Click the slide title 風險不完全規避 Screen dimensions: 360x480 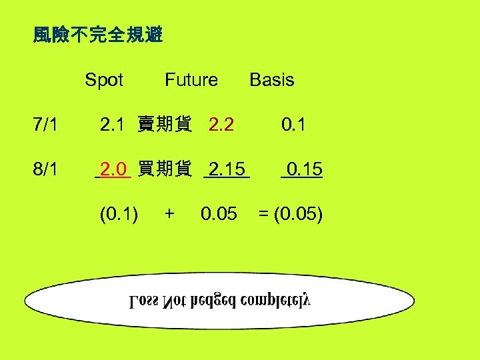click(x=98, y=35)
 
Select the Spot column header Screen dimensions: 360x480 click(x=104, y=81)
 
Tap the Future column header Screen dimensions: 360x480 click(x=191, y=81)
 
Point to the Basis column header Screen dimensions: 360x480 click(x=271, y=81)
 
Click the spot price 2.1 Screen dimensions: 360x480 click(x=112, y=125)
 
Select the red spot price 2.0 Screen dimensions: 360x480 click(x=113, y=169)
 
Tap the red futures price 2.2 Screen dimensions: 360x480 click(x=221, y=125)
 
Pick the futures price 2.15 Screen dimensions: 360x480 click(x=227, y=169)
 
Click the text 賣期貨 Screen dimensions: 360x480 click(x=165, y=125)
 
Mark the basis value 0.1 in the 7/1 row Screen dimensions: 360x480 click(x=293, y=125)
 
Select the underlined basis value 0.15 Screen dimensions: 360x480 click(x=302, y=169)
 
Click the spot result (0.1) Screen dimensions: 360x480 click(x=119, y=214)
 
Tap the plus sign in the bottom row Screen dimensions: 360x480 click(x=169, y=214)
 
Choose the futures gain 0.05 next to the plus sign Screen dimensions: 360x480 click(x=219, y=214)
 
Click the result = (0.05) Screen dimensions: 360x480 click(x=291, y=214)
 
